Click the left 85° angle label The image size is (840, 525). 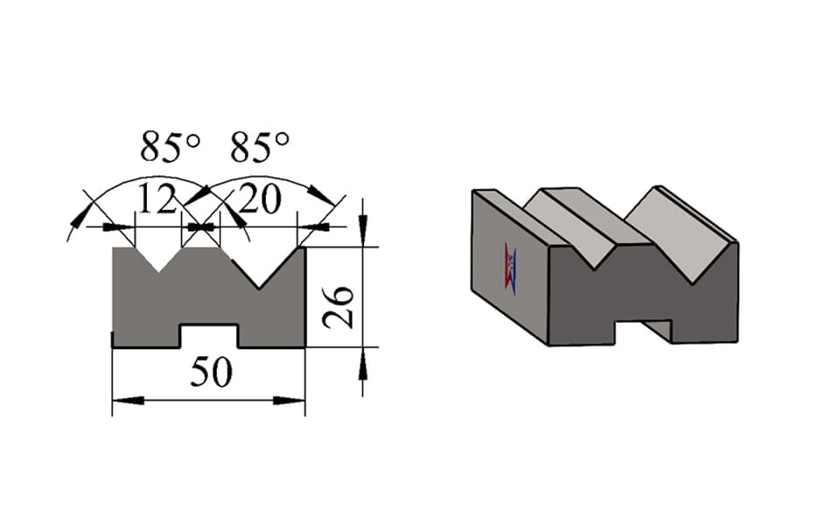pyautogui.click(x=171, y=147)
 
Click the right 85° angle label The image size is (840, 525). pyautogui.click(x=261, y=146)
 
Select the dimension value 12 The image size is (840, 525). pyautogui.click(x=157, y=199)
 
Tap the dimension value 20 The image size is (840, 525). pyautogui.click(x=260, y=199)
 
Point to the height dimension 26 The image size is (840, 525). pyautogui.click(x=338, y=307)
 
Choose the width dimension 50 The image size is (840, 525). pyautogui.click(x=211, y=373)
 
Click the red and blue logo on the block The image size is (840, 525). pyautogui.click(x=510, y=269)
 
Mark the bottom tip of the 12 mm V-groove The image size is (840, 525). pyautogui.click(x=159, y=272)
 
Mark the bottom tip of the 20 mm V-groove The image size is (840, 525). pyautogui.click(x=259, y=289)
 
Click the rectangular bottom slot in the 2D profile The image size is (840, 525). pyautogui.click(x=209, y=336)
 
